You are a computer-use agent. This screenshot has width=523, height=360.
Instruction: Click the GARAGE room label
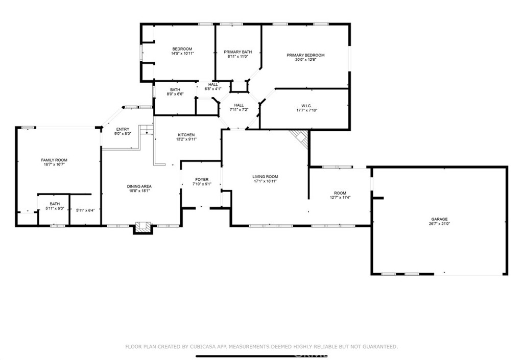click(439, 220)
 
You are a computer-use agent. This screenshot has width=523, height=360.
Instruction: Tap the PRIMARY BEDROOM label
click(305, 55)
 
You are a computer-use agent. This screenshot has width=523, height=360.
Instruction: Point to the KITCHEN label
click(186, 135)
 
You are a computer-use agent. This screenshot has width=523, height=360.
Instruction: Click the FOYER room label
click(202, 180)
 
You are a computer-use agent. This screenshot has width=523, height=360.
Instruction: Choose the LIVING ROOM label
click(265, 177)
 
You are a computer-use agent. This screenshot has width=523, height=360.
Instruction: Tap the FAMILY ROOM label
click(54, 160)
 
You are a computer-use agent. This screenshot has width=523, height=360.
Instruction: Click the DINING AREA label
click(139, 187)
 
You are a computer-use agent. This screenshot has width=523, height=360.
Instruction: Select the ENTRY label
click(123, 129)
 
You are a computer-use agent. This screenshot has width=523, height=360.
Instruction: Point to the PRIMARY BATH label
click(238, 52)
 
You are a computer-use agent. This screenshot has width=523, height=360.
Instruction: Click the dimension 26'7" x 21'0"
click(439, 224)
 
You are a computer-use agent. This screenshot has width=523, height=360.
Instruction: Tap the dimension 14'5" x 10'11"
click(182, 53)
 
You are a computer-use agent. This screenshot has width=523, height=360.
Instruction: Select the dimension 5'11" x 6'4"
click(85, 210)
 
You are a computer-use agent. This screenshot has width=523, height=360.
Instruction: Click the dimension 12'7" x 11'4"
click(340, 197)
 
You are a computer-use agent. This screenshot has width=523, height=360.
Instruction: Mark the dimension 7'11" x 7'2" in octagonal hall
click(239, 109)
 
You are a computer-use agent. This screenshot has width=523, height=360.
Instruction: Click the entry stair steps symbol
click(147, 130)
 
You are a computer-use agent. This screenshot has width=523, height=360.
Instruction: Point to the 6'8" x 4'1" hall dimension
click(213, 89)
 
